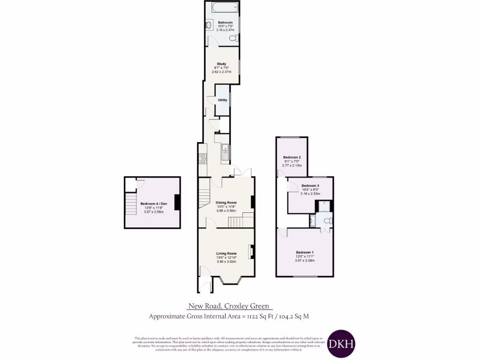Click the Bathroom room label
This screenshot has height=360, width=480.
(x=222, y=22)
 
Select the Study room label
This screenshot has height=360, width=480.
(x=222, y=64)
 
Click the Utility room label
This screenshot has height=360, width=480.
(x=222, y=100)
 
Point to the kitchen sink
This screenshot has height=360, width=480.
(x=225, y=150)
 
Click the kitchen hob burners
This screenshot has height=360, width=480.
(x=203, y=159)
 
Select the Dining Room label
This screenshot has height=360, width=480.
(x=226, y=203)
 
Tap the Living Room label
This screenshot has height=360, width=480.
(x=226, y=254)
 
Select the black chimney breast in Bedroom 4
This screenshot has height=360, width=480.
(x=177, y=202)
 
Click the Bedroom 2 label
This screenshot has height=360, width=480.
(x=292, y=157)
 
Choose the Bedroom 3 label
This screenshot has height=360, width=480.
(x=310, y=186)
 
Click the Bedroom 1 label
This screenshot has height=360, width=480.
(x=305, y=252)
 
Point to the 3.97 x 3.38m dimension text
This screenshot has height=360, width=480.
(x=305, y=261)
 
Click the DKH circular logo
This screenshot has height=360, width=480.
(x=341, y=343)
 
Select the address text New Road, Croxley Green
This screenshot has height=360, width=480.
(x=228, y=306)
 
